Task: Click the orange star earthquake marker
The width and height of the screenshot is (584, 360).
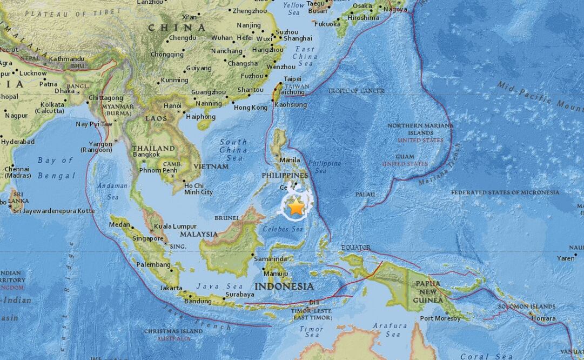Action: (x=296, y=207)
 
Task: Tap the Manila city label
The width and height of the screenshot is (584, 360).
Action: (x=290, y=161)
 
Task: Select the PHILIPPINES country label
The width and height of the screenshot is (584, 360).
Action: (x=284, y=175)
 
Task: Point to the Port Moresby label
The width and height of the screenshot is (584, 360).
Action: (x=440, y=318)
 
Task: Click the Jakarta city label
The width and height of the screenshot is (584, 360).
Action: (x=171, y=288)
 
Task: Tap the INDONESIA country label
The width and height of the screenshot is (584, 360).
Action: (x=284, y=286)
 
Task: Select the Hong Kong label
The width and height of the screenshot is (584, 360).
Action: (x=250, y=108)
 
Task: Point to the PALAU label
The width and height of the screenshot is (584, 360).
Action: (x=365, y=194)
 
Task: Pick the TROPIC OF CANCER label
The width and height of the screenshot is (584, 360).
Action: (x=356, y=91)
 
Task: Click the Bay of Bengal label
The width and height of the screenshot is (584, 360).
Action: (x=56, y=168)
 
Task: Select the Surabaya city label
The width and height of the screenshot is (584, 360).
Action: (x=239, y=295)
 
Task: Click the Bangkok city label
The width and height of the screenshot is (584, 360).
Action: (x=146, y=155)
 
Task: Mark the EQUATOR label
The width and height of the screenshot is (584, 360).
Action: (x=355, y=248)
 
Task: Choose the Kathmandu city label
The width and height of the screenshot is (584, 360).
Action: (x=66, y=58)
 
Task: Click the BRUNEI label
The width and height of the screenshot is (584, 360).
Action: (x=227, y=218)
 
